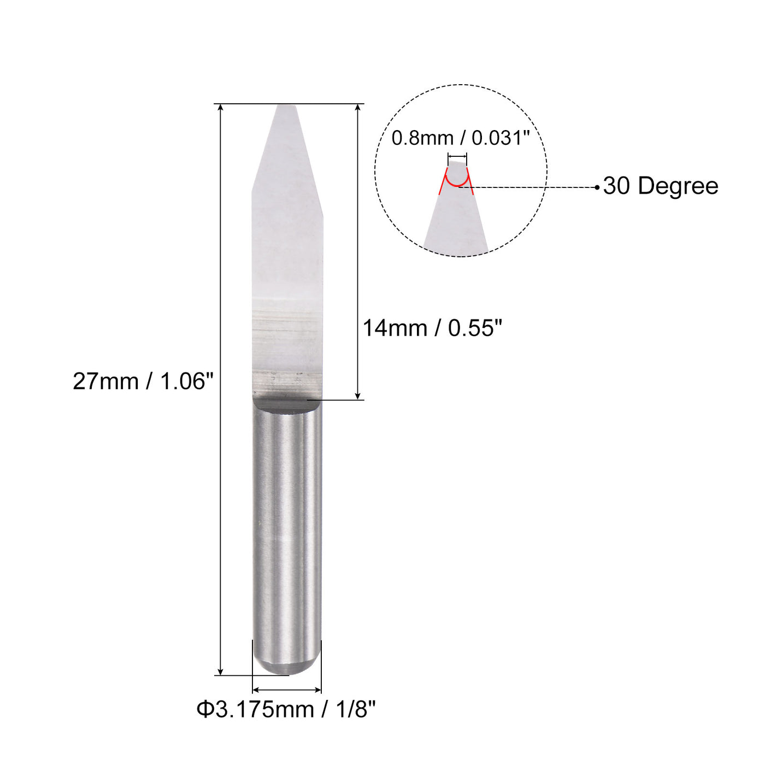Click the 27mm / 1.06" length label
point(143,381)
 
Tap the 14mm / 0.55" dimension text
point(432,328)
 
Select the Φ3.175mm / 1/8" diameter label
point(286,710)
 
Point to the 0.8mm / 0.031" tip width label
point(461,138)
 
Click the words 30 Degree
point(661,186)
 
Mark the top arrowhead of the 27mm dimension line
point(221,108)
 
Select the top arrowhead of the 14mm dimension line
point(358,108)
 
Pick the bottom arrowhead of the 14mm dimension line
point(358,396)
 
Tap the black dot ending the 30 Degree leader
point(597,187)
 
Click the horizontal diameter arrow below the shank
point(286,690)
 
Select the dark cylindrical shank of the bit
point(286,525)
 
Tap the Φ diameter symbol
point(204,710)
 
